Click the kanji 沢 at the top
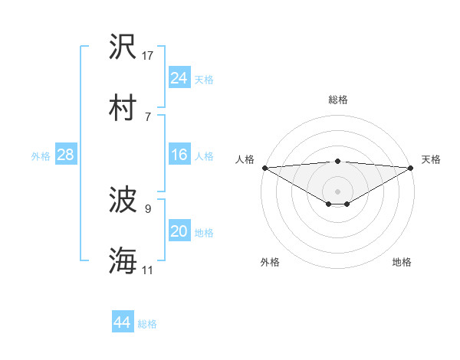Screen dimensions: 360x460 coord(123,47)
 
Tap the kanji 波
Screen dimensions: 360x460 coord(123,201)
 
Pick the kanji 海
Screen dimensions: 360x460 coord(123,260)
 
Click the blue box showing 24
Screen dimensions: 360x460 coord(179,78)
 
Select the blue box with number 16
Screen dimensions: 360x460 coord(179,155)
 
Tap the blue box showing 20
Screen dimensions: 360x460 coord(179,231)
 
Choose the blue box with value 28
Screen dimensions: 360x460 coord(65,155)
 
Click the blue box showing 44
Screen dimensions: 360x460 coord(122,322)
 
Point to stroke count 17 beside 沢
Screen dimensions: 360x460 coord(148,55)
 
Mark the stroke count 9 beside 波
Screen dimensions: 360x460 coord(148,208)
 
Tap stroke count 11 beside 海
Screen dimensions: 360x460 coord(148,269)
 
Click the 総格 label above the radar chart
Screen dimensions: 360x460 coord(338,100)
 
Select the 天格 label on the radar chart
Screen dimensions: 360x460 coord(432,159)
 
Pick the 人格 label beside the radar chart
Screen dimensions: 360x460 coord(244,159)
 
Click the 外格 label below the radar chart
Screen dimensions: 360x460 coord(270,262)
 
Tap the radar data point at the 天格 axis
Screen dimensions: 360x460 coord(412,168)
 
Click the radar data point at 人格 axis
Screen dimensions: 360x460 coord(264,168)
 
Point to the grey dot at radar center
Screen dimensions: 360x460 coord(338,190)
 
